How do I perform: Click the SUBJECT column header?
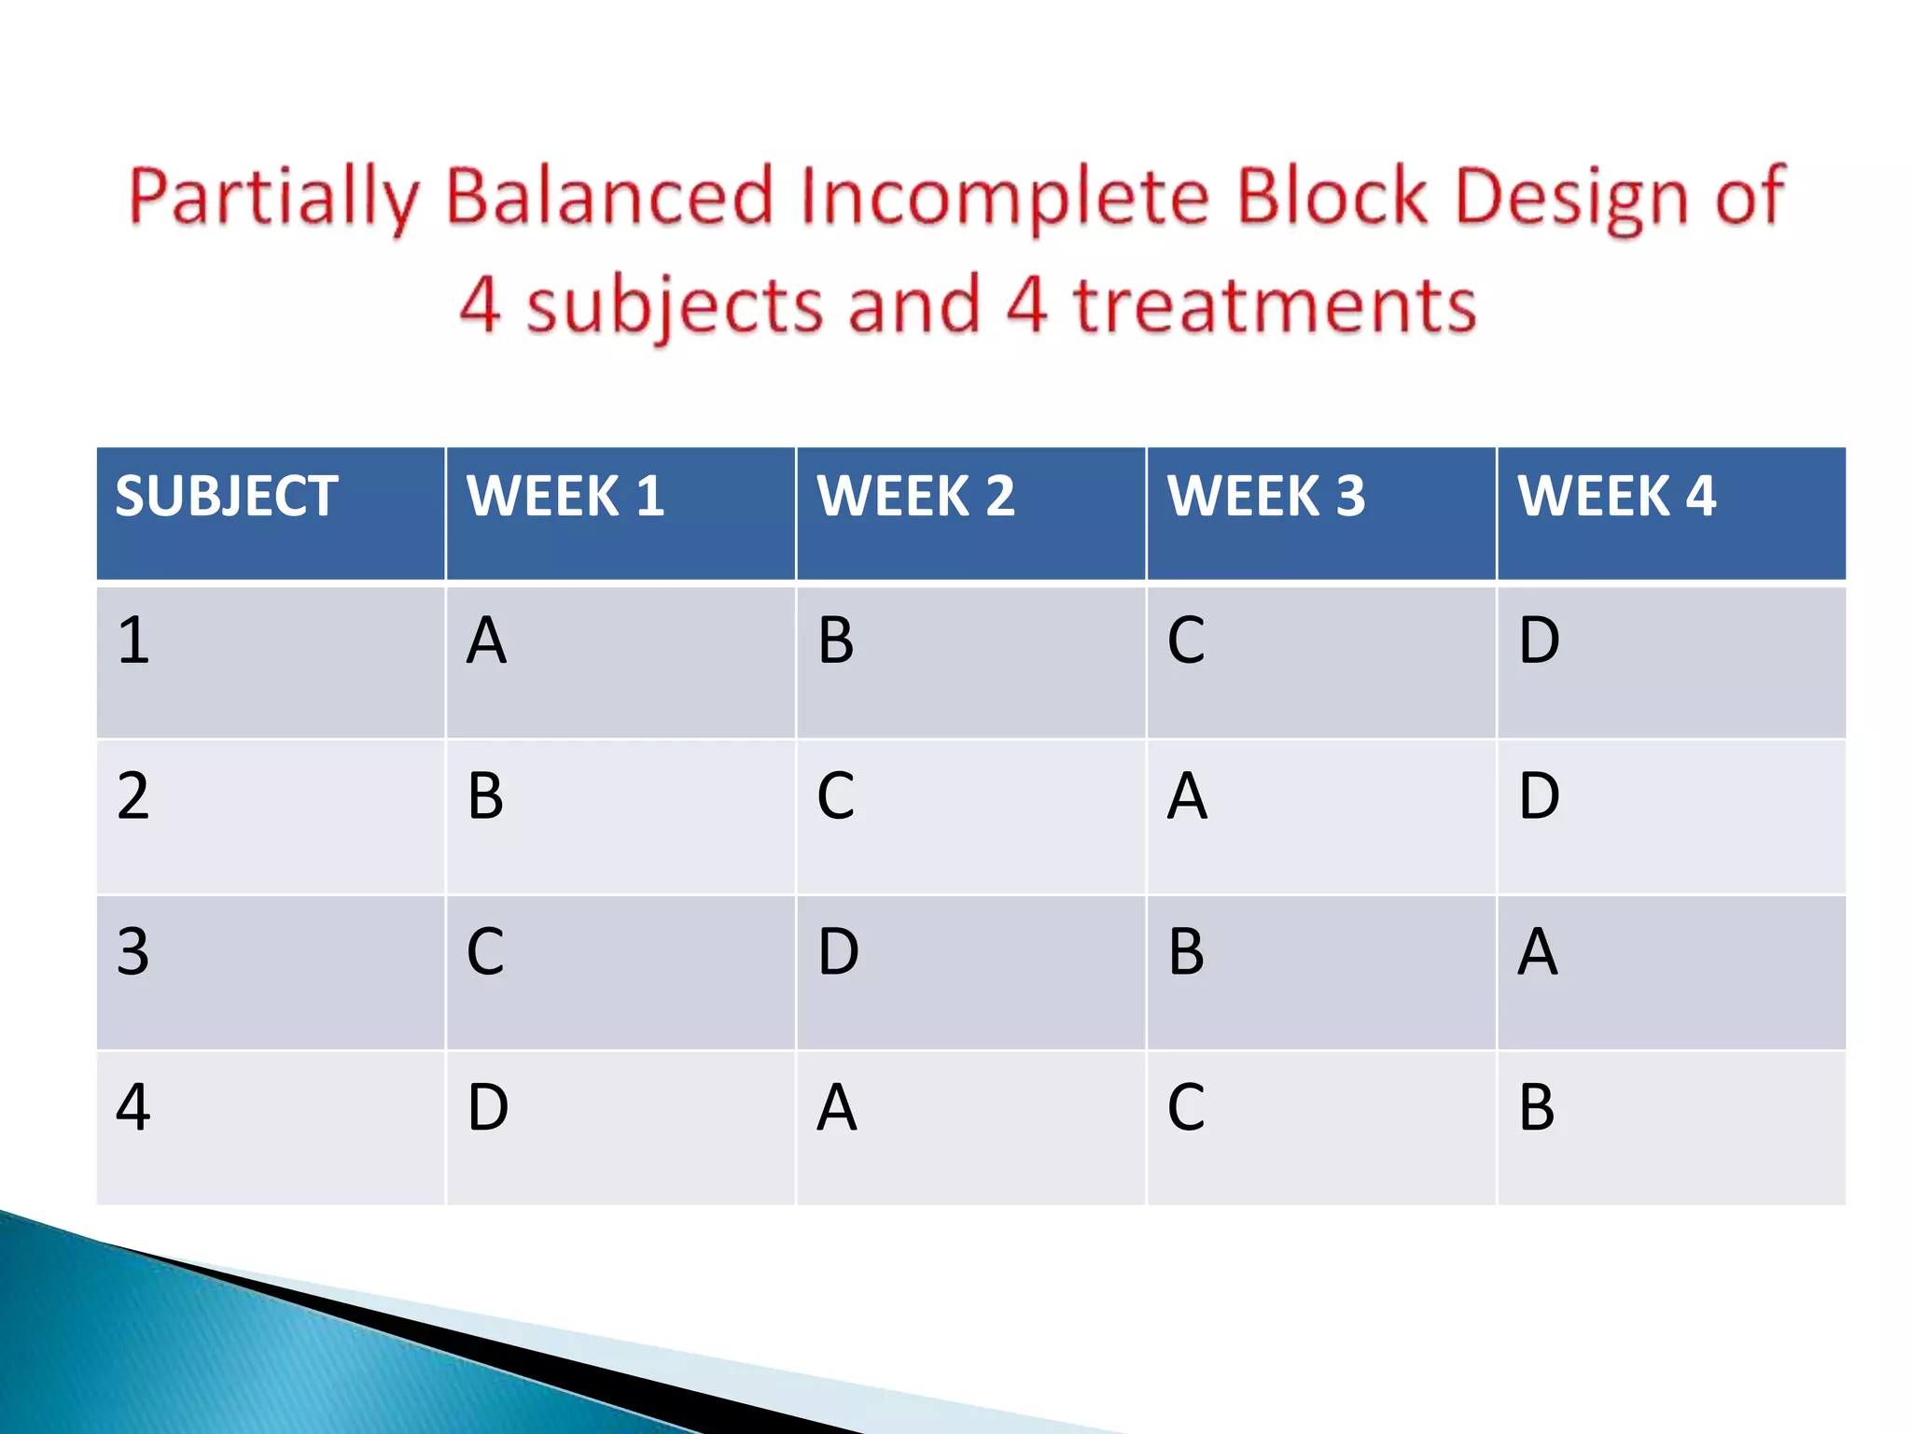click(227, 496)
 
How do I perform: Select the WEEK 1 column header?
click(565, 496)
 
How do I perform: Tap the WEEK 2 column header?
click(915, 496)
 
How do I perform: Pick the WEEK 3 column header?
click(1266, 496)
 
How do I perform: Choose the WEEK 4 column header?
click(1616, 496)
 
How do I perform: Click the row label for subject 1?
click(133, 641)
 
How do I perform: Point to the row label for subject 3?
click(133, 953)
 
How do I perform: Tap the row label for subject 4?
click(133, 1108)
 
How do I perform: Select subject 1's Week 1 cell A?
click(486, 641)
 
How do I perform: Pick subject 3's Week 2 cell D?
click(838, 953)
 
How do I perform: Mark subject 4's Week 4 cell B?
click(1537, 1108)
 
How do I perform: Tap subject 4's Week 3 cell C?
click(1186, 1108)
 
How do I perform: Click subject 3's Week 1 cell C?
click(485, 953)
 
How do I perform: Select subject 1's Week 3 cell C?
click(1186, 641)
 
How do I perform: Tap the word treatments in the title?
click(1275, 306)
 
